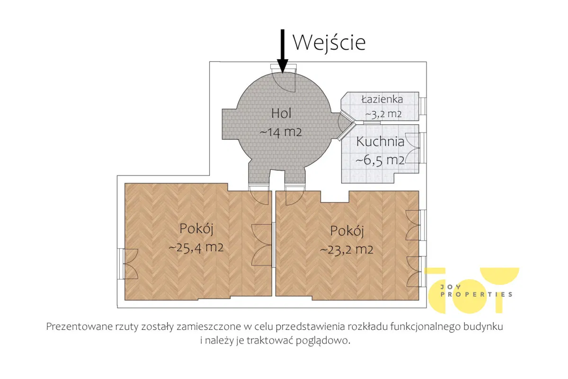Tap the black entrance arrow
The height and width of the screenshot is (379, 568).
point(283,51)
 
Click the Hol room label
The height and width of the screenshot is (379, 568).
point(281,113)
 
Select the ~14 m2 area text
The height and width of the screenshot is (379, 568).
point(281,132)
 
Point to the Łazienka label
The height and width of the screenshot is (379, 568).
point(382,99)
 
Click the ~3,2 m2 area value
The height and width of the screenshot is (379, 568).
point(383,115)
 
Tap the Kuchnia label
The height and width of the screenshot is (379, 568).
point(380,141)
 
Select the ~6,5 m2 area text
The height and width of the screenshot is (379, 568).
point(380,160)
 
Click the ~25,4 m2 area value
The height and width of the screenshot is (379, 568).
point(196,247)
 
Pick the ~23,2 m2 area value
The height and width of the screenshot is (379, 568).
point(346,250)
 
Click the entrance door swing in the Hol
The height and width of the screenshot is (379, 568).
point(284,82)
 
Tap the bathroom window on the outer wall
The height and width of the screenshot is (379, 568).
point(423,106)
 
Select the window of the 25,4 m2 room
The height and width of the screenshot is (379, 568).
point(127,264)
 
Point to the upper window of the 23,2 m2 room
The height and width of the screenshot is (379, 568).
point(416,225)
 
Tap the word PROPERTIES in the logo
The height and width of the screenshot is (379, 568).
point(477,295)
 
